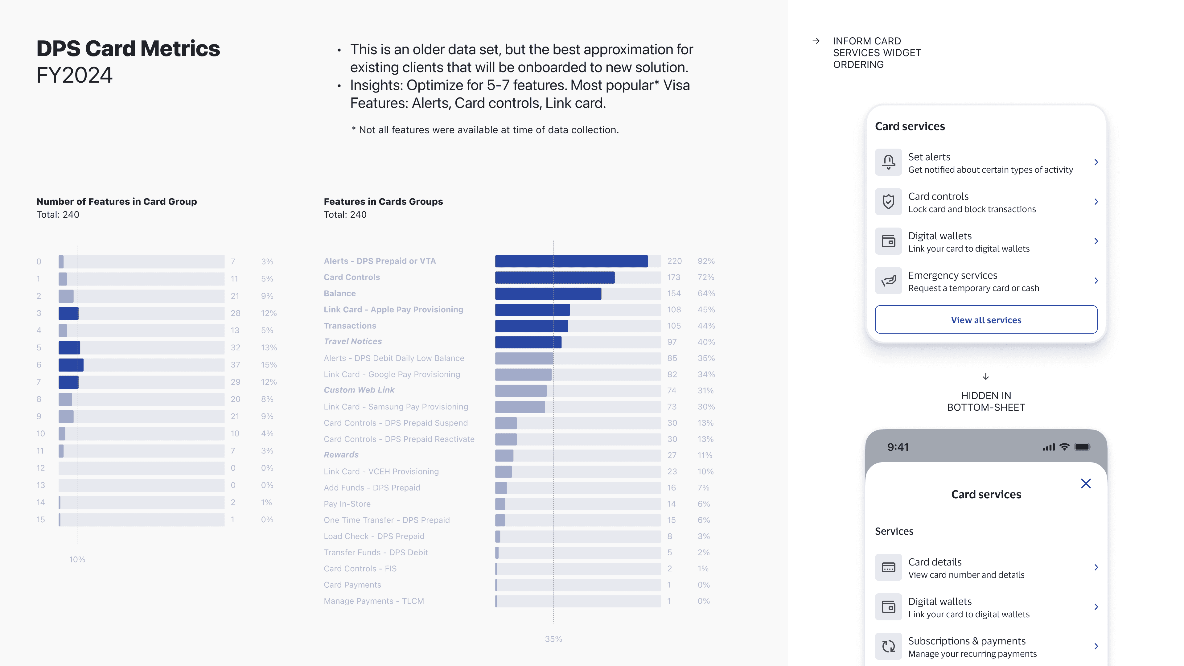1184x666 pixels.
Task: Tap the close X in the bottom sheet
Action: (x=1086, y=483)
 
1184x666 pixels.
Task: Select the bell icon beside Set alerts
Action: (x=888, y=162)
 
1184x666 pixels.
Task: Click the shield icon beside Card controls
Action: (x=888, y=202)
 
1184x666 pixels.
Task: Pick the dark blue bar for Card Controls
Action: (x=554, y=277)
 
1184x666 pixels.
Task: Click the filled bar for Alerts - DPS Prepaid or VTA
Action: (x=571, y=261)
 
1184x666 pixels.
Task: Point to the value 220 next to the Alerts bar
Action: (x=674, y=261)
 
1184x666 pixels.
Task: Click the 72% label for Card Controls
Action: (x=705, y=277)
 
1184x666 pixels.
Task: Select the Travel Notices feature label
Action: (x=352, y=342)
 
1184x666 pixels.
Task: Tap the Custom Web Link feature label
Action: (x=359, y=390)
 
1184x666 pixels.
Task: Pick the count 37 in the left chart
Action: (x=235, y=364)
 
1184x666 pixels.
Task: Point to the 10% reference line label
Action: (x=77, y=559)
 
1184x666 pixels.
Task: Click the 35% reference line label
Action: (x=553, y=639)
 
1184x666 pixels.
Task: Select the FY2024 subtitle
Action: (x=74, y=75)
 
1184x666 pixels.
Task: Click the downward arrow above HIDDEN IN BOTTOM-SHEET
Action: (x=985, y=376)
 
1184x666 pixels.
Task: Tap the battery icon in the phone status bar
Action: (x=1082, y=447)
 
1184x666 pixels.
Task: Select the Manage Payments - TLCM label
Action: (x=374, y=601)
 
